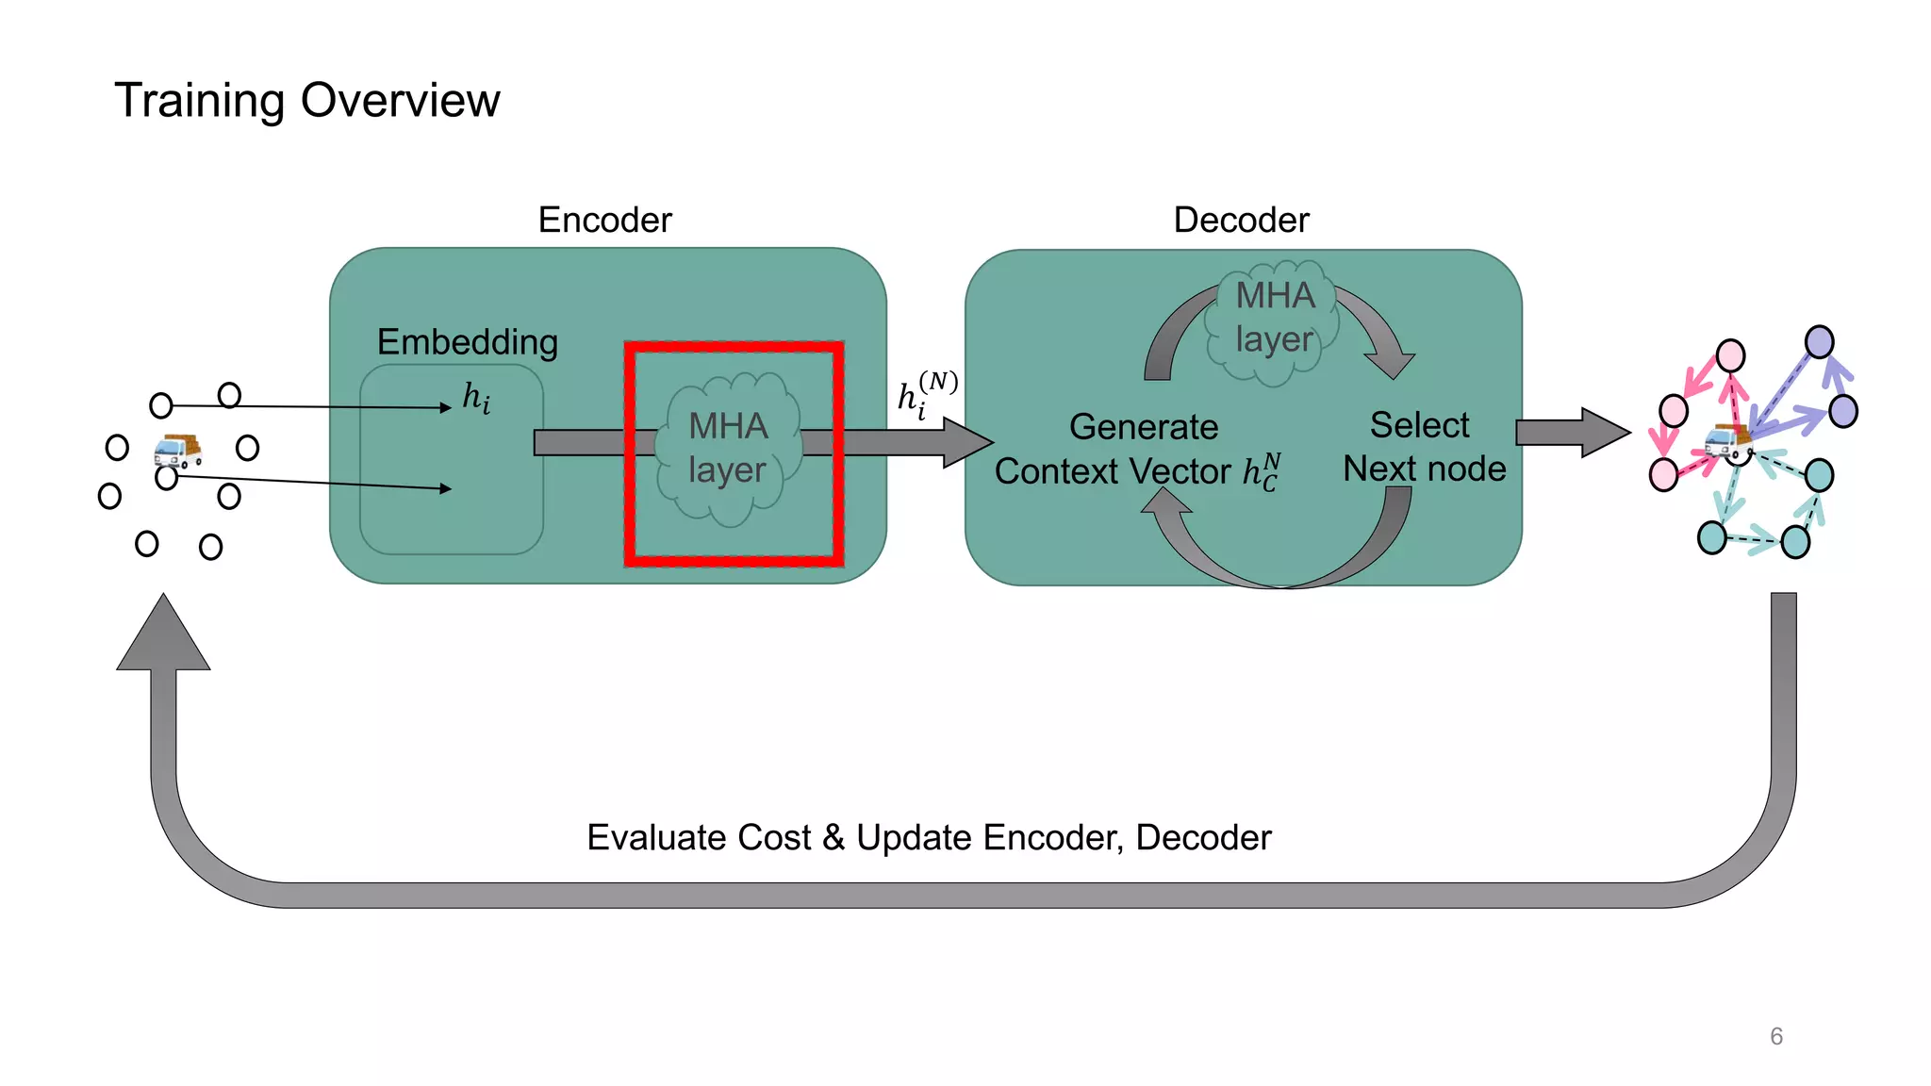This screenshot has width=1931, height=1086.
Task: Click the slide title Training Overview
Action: (x=306, y=101)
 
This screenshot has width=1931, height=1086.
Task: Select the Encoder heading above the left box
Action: (x=604, y=220)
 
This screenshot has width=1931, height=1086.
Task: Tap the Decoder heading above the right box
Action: (x=1241, y=220)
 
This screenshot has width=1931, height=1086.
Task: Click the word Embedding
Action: (x=468, y=342)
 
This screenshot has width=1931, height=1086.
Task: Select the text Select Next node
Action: (x=1423, y=447)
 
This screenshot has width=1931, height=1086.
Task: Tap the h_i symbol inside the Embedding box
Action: (x=476, y=398)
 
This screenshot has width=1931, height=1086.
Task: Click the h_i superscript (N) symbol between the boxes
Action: (x=926, y=393)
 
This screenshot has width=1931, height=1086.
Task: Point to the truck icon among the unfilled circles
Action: (x=177, y=451)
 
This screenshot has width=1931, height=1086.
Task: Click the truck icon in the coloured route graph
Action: (x=1727, y=440)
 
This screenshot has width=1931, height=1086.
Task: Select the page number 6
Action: (x=1776, y=1036)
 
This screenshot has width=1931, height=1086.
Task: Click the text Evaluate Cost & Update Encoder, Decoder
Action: (x=929, y=837)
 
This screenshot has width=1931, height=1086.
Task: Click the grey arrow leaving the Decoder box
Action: (x=1571, y=433)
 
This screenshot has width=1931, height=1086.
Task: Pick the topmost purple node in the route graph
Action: (x=1819, y=341)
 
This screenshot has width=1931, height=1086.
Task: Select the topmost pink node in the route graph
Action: (x=1730, y=355)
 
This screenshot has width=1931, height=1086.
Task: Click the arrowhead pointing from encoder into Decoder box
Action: (x=966, y=441)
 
